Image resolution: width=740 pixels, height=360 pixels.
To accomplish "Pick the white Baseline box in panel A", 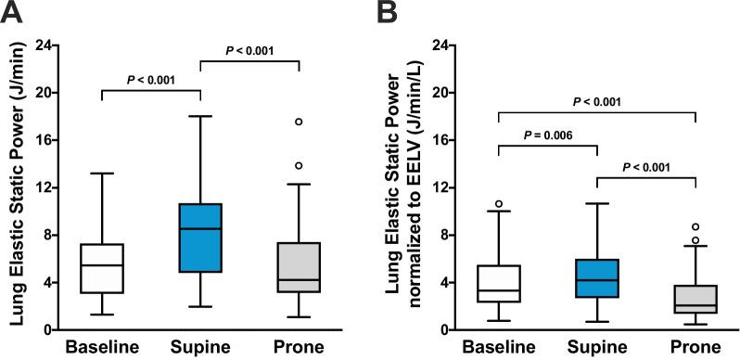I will [101, 268].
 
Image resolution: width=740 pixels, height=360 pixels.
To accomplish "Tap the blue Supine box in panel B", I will [597, 278].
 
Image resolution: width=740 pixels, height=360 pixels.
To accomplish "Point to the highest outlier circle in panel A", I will [300, 122].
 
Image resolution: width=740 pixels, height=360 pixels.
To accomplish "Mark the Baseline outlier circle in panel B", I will [498, 204].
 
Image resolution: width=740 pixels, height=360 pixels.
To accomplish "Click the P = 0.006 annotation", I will [547, 135].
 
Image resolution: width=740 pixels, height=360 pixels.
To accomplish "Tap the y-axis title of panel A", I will [16, 186].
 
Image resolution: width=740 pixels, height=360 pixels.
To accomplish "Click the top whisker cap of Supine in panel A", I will [200, 117].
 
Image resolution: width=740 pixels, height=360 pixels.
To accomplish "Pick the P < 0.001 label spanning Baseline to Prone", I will [597, 100].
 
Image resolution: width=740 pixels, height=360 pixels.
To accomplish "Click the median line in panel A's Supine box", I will [200, 228].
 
